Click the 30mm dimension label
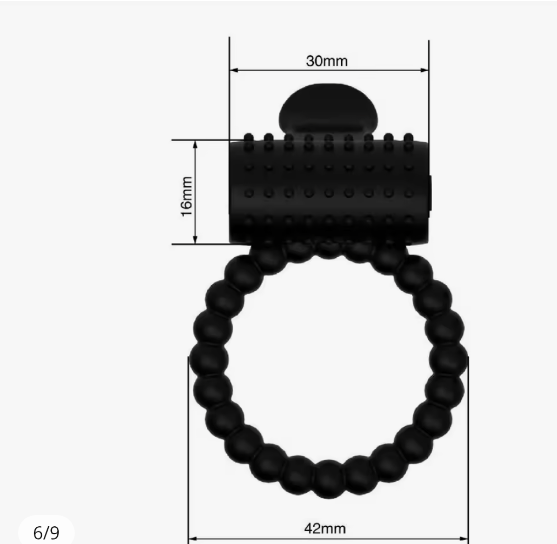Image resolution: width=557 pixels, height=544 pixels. pyautogui.click(x=327, y=61)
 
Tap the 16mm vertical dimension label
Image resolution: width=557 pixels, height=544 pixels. pyautogui.click(x=186, y=196)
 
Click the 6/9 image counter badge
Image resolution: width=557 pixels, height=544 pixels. pyautogui.click(x=46, y=532)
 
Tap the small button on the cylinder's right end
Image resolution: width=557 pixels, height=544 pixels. pyautogui.click(x=431, y=190)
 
